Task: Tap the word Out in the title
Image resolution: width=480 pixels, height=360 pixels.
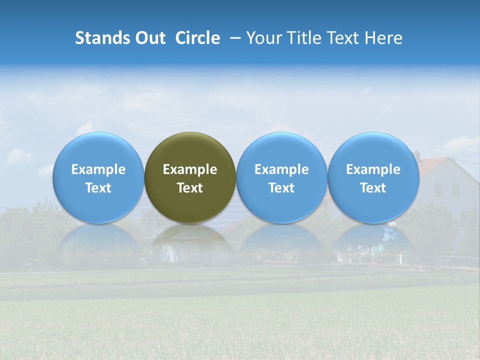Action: pos(150,38)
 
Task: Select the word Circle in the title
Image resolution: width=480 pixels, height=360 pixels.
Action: pos(197,38)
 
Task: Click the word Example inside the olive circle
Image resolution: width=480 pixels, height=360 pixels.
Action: pos(190,169)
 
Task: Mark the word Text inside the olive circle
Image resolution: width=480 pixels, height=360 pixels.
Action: pos(190,188)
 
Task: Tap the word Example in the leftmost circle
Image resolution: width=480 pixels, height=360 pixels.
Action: pos(98,169)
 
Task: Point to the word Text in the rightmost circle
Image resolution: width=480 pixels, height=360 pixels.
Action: pos(373,188)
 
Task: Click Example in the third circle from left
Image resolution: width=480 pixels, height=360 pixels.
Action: pos(281,169)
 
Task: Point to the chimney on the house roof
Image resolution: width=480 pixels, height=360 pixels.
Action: pos(416,155)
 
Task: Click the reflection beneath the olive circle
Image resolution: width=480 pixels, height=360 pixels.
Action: pos(190,240)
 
